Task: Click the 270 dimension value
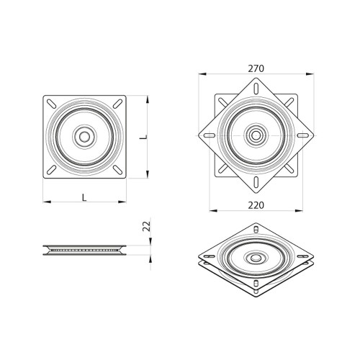click(256, 68)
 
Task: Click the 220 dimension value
click(256, 205)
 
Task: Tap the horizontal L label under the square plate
click(84, 196)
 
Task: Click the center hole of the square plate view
click(85, 135)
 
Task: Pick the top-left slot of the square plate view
click(53, 104)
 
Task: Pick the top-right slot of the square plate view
click(117, 104)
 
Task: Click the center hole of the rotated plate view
click(256, 134)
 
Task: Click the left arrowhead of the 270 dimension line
click(199, 74)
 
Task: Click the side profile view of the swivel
click(84, 251)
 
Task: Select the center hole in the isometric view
click(256, 257)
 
